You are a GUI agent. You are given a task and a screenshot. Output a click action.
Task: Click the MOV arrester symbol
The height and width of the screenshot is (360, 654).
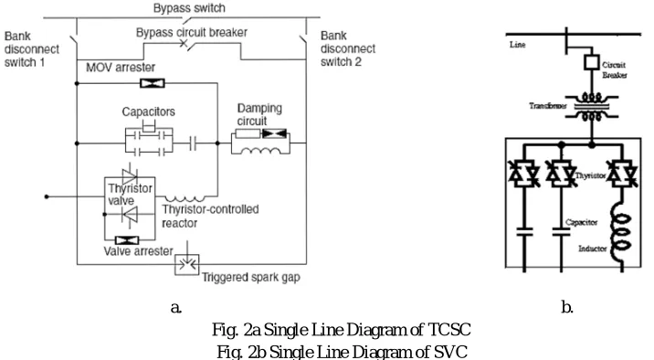tap(153, 83)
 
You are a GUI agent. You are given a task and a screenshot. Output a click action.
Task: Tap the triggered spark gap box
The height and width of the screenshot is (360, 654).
tap(187, 264)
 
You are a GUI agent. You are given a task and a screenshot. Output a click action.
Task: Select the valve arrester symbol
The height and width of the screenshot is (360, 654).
tap(127, 240)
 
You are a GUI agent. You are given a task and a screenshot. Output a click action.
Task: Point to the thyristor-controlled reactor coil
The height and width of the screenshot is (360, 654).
tap(185, 198)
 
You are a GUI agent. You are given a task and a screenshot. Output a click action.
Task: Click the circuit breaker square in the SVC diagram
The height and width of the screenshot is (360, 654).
tap(592, 62)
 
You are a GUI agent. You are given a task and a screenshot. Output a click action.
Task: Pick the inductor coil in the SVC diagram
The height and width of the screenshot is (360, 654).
tap(620, 233)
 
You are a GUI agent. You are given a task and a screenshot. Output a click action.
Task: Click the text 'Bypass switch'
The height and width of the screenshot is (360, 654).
tap(189, 8)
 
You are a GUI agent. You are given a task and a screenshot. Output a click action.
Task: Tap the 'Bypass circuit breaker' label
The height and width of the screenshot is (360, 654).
tap(192, 32)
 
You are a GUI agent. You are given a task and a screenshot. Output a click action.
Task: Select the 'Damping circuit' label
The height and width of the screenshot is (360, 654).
tap(259, 114)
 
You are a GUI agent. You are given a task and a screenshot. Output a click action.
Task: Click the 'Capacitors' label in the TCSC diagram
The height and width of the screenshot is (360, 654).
tap(149, 111)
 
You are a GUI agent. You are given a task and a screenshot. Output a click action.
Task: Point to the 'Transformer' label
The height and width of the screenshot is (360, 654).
tap(548, 106)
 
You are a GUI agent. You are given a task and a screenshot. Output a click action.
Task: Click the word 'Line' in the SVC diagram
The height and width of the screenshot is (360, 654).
tap(517, 45)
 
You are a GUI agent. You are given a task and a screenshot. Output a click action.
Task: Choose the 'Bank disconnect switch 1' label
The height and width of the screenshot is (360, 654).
tap(32, 49)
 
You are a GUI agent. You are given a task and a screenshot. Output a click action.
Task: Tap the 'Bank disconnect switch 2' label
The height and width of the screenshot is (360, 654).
tap(348, 48)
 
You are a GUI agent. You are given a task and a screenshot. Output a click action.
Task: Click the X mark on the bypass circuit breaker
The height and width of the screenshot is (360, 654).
tap(184, 43)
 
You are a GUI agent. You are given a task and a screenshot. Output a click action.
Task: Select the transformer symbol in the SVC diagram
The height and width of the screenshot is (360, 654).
tap(592, 107)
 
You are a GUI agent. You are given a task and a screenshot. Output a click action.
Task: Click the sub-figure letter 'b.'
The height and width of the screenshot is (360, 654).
tap(567, 307)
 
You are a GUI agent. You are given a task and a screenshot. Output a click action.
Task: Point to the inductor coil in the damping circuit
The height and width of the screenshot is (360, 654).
tap(260, 151)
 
